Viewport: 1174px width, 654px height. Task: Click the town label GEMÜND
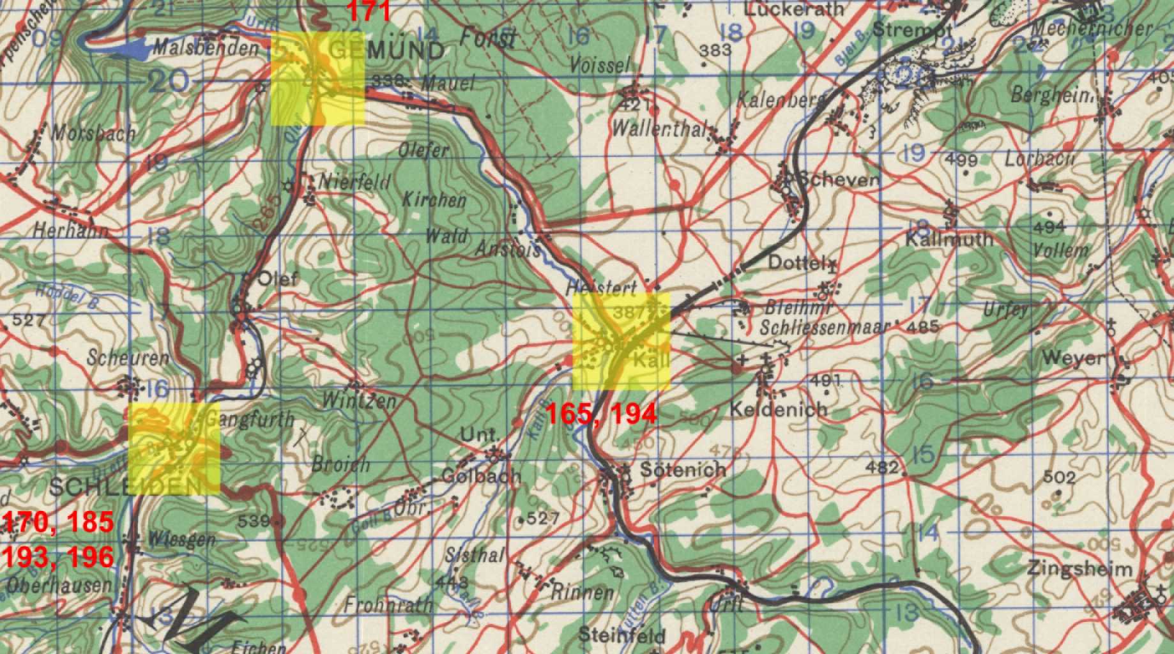coord(388,50)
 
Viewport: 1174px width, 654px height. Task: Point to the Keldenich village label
coord(778,409)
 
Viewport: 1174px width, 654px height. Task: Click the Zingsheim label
coord(1080,568)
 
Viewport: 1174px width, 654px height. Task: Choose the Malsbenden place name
coord(206,48)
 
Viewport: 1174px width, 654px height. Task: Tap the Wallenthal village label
coord(659,129)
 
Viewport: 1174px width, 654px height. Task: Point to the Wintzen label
coord(359,401)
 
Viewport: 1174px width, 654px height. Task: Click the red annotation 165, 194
coord(600,414)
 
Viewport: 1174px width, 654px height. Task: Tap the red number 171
coord(369,11)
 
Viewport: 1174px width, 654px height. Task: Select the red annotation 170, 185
coord(58,522)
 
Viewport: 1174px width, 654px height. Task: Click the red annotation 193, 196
coord(58,557)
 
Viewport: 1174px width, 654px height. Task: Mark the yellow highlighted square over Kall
coord(621,342)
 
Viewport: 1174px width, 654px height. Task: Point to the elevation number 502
coord(1059,477)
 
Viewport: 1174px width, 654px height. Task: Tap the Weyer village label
coord(1073,358)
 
